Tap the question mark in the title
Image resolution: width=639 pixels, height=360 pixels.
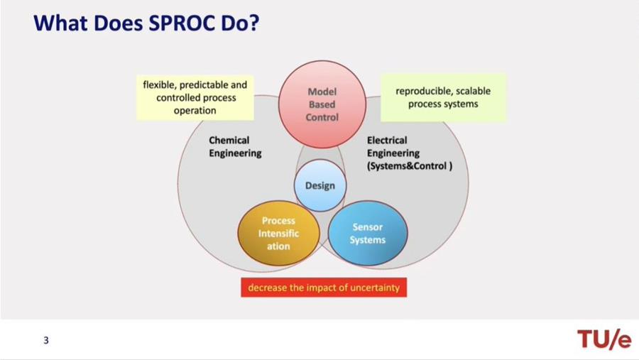coord(253,23)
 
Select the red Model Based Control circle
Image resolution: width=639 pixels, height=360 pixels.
coord(322,104)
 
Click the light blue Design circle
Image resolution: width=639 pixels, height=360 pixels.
coord(320,185)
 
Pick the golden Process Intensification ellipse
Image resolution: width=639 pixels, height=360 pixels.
coord(278,233)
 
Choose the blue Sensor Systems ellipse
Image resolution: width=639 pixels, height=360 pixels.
coord(368,233)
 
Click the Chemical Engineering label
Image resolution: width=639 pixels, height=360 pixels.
coord(235,147)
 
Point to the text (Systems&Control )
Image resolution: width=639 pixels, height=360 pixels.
coord(410,166)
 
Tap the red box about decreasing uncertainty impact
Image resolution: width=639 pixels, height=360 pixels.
coord(324,288)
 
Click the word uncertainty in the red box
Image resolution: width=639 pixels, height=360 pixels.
coord(373,288)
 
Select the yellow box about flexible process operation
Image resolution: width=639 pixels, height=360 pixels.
coord(195,98)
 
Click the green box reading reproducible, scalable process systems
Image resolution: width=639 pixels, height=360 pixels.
coord(443,97)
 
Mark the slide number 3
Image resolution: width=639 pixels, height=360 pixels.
coord(46,340)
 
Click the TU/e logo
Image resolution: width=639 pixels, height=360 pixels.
coord(604,339)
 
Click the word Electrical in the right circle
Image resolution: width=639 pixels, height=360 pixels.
coord(387,141)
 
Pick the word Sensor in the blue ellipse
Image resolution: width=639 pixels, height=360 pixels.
coord(368,227)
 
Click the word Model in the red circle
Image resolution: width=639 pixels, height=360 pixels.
coord(322,92)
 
